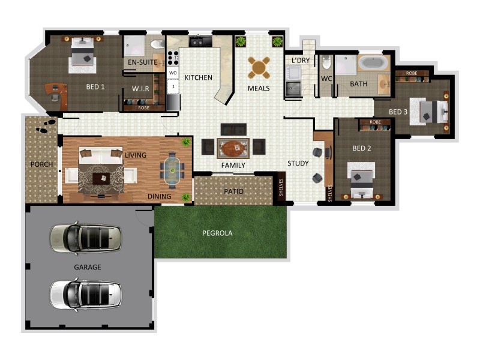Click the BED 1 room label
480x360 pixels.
click(x=95, y=87)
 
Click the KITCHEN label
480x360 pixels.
click(x=198, y=78)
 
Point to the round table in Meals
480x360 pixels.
click(x=259, y=67)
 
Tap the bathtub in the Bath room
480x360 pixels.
click(x=374, y=64)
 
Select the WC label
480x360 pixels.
click(x=326, y=79)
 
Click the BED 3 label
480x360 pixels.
click(x=398, y=112)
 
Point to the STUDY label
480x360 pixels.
click(x=298, y=163)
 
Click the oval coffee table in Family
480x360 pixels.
click(x=233, y=147)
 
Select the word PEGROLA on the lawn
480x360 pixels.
click(x=217, y=232)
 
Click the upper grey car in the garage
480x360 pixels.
click(x=86, y=238)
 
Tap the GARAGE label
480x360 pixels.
click(x=88, y=267)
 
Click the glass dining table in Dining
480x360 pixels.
click(x=173, y=169)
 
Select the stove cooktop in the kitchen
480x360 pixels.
click(x=173, y=58)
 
